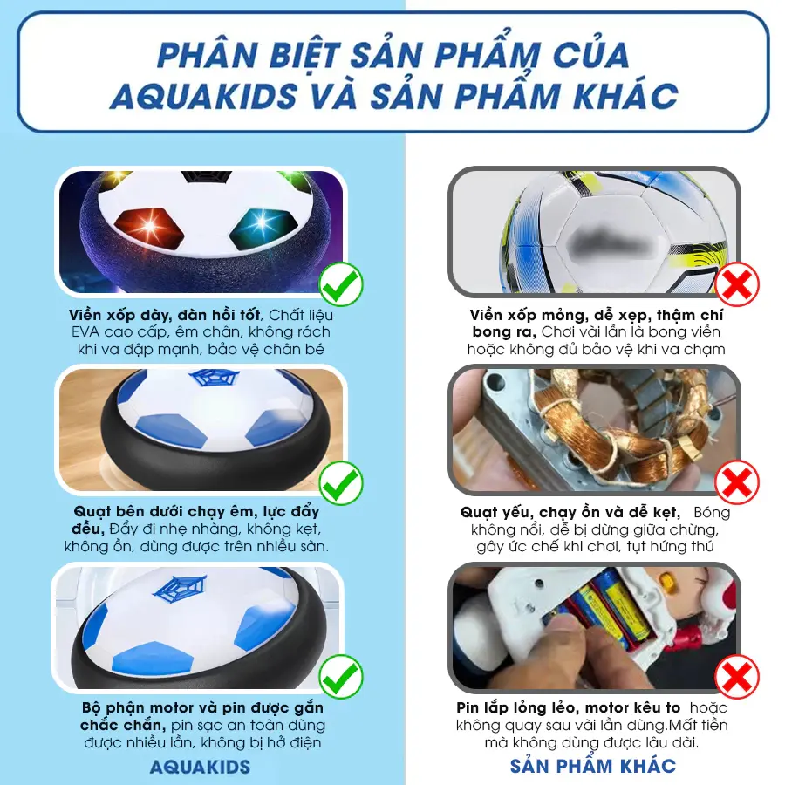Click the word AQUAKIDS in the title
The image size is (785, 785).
[x=204, y=95]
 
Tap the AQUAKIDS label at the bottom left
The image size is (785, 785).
[x=200, y=767]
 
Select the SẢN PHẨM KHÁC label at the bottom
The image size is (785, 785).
[x=593, y=765]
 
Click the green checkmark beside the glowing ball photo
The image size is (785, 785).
[x=341, y=283]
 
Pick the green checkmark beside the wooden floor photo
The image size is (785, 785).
[x=341, y=482]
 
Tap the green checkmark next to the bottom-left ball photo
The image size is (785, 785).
[x=341, y=676]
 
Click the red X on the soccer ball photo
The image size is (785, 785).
[x=737, y=283]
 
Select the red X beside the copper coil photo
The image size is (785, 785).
[x=737, y=482]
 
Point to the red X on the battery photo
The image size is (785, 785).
[x=737, y=676]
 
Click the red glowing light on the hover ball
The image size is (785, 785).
[x=149, y=226]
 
